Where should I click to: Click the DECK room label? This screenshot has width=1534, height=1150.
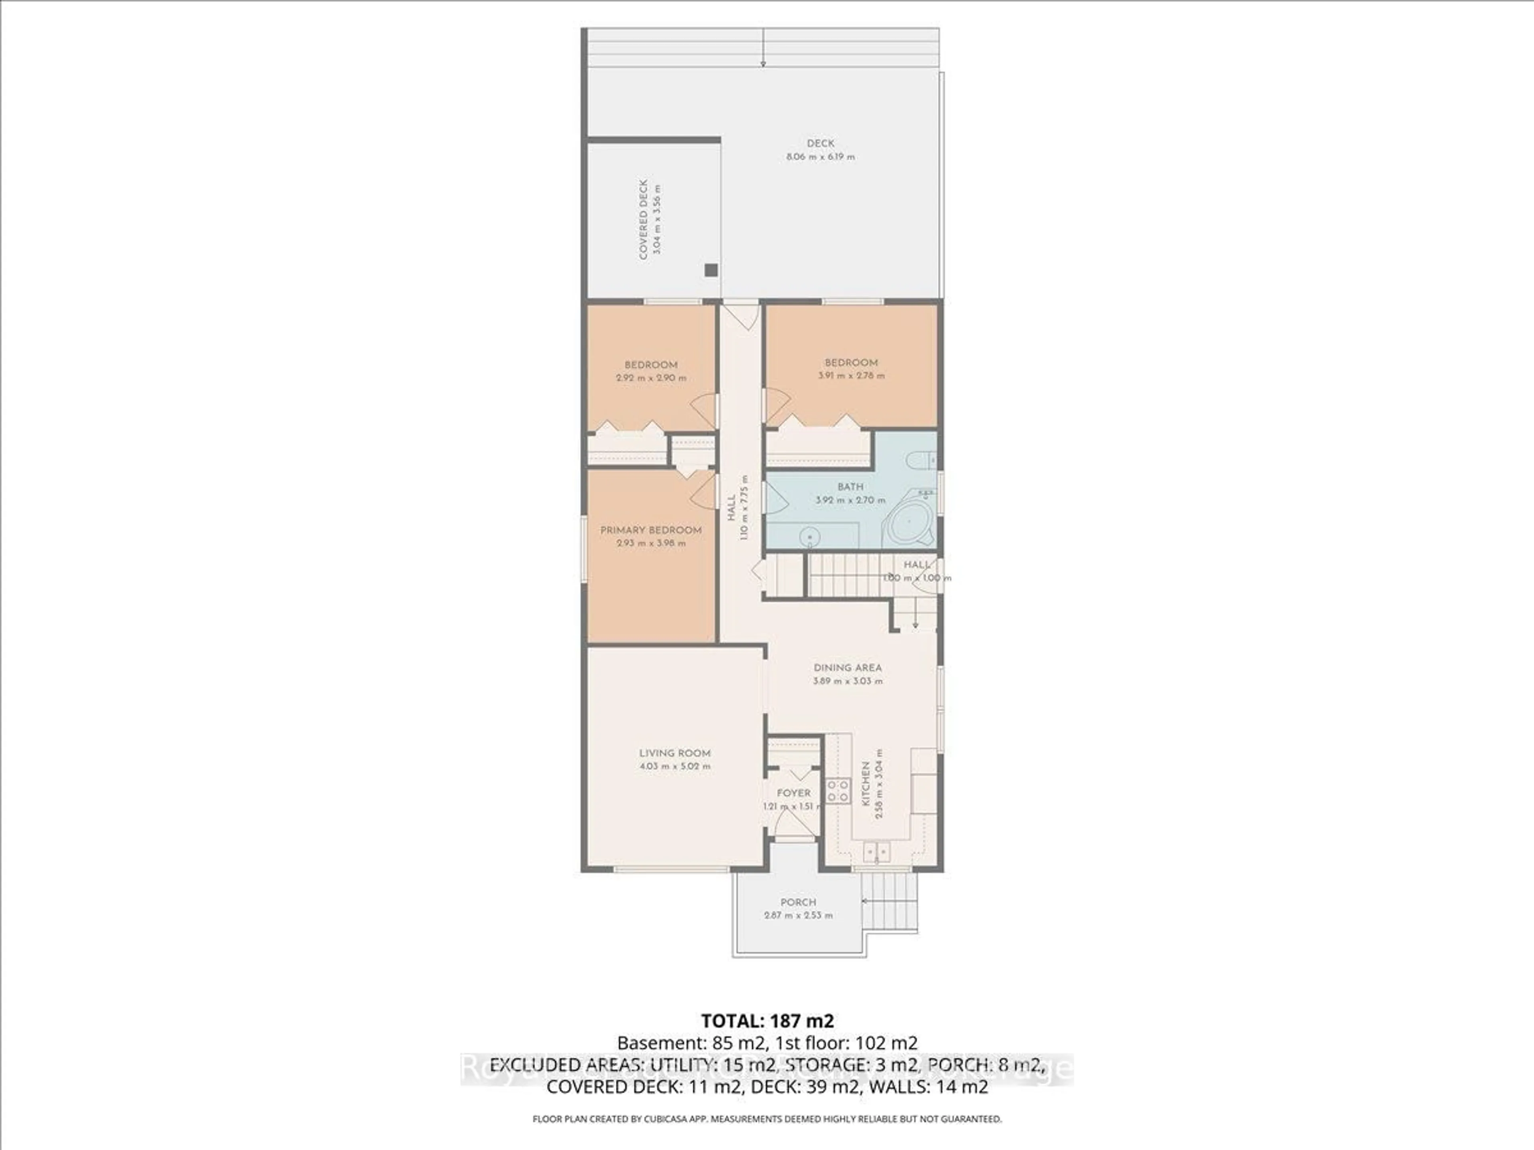point(821,143)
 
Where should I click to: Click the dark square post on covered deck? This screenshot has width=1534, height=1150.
point(711,270)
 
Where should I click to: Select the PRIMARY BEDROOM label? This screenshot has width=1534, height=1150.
point(650,530)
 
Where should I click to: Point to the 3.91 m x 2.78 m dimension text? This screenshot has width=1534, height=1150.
point(851,376)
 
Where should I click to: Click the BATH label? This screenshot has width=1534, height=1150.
point(850,487)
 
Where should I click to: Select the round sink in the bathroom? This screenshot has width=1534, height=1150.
point(809,537)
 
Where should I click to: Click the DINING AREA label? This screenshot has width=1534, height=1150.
point(847,668)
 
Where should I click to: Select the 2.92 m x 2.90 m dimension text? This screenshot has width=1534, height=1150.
point(650,379)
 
